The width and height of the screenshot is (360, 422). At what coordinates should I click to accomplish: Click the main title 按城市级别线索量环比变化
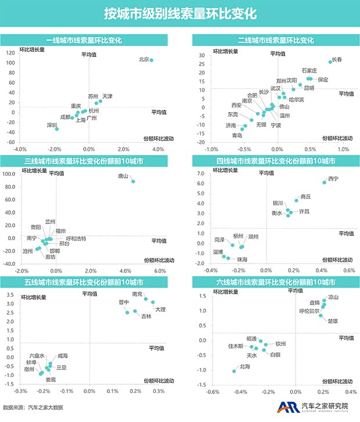tap(179, 13)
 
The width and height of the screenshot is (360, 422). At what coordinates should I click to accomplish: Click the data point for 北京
tap(152, 60)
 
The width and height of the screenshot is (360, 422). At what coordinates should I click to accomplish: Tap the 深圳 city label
tap(52, 125)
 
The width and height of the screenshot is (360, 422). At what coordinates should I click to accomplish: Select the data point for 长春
tap(330, 62)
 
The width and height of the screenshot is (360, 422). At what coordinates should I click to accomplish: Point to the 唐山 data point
tap(133, 182)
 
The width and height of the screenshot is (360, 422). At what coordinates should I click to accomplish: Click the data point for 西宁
tap(325, 182)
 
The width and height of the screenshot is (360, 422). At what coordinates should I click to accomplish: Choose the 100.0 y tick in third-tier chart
tap(9, 174)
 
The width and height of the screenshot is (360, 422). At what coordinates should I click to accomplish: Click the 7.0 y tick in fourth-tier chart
tap(200, 174)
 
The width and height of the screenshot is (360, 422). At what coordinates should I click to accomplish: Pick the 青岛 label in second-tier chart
tap(237, 135)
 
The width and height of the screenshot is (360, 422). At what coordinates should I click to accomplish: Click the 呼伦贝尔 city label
tap(309, 311)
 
